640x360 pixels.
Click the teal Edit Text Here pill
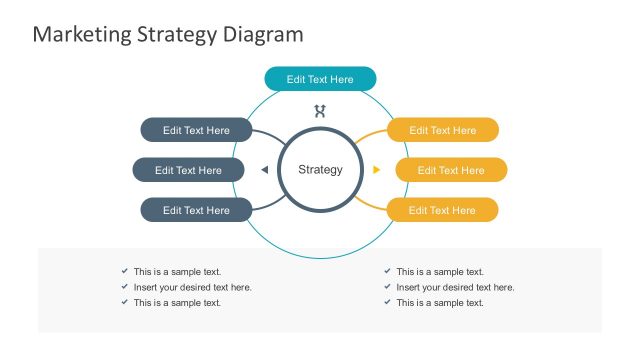[320, 79]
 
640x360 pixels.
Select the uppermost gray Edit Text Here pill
[196, 130]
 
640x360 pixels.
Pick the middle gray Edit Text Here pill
[188, 170]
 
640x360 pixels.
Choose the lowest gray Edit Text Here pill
[196, 210]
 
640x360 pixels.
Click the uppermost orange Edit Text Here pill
[442, 130]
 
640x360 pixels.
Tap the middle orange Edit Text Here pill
[451, 170]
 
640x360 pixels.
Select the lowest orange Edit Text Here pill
[442, 210]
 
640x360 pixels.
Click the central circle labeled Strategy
[320, 169]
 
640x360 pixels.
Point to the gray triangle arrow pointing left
[264, 170]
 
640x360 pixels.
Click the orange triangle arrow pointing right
[376, 170]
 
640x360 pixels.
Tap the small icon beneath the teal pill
[320, 111]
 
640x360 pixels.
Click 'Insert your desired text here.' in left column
[192, 287]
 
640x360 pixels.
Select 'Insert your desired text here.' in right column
[455, 287]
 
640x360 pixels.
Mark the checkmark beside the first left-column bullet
[124, 271]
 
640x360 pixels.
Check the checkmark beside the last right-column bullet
[387, 303]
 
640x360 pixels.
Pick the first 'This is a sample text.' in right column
[440, 271]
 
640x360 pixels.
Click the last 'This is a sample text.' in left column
[177, 303]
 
